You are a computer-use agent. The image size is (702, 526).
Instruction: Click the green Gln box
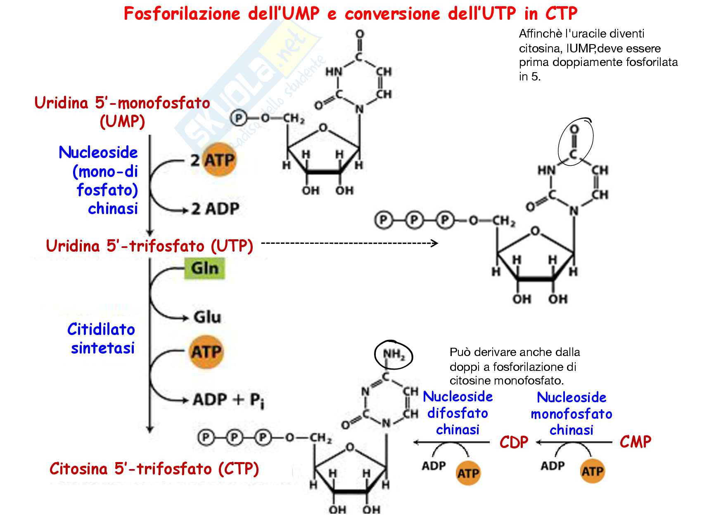pyautogui.click(x=205, y=268)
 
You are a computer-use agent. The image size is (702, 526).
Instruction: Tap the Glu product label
pyautogui.click(x=207, y=317)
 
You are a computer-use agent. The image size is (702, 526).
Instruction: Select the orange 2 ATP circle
pyautogui.click(x=219, y=160)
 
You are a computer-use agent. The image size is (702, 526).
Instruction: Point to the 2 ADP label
pyautogui.click(x=215, y=209)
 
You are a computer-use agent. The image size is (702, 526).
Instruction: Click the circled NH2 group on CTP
pyautogui.click(x=393, y=354)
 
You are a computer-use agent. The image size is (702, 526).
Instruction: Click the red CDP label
pyautogui.click(x=514, y=442)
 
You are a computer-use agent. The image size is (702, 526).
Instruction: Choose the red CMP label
pyautogui.click(x=635, y=442)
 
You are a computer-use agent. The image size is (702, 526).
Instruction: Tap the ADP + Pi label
pyautogui.click(x=228, y=400)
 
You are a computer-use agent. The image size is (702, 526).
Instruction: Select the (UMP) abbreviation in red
pyautogui.click(x=122, y=121)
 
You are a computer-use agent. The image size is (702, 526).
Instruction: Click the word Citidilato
pyautogui.click(x=101, y=329)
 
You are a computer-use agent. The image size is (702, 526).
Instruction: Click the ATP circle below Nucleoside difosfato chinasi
pyautogui.click(x=468, y=473)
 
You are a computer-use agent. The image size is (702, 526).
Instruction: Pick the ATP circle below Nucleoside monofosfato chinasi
pyautogui.click(x=592, y=471)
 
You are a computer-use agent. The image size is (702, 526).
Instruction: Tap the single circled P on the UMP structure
pyautogui.click(x=238, y=118)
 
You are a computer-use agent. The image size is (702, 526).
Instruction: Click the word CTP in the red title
pyautogui.click(x=561, y=14)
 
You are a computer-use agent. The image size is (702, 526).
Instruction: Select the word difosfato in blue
pyautogui.click(x=458, y=413)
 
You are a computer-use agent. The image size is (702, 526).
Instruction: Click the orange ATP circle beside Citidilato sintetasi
pyautogui.click(x=206, y=352)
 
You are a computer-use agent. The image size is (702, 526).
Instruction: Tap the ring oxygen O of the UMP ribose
pyautogui.click(x=323, y=128)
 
